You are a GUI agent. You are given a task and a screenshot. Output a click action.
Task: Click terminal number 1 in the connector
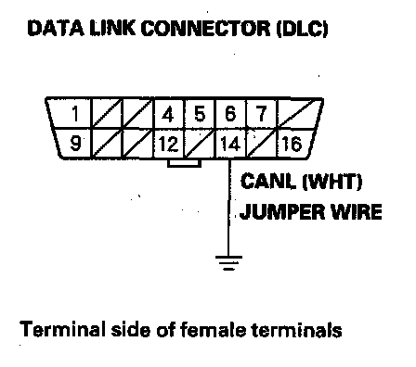[x=75, y=113]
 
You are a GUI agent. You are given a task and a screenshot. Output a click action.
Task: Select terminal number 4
[x=168, y=114]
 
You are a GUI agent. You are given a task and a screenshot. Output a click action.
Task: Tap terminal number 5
[x=200, y=113]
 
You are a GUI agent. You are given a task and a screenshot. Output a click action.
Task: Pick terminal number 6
[x=230, y=113]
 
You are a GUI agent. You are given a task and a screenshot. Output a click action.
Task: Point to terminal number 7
[x=262, y=113]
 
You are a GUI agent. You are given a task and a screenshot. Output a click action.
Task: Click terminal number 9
[x=75, y=143]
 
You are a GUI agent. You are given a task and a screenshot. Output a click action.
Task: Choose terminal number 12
[x=168, y=144]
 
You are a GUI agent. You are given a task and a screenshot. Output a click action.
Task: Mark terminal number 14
[x=230, y=144]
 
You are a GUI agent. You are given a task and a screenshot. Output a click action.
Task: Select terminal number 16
[x=292, y=144]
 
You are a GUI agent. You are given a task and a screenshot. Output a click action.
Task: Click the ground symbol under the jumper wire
[x=228, y=263]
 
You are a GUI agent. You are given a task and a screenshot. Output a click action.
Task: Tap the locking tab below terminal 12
[x=184, y=163]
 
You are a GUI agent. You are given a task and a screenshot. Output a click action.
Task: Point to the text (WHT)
[x=331, y=182]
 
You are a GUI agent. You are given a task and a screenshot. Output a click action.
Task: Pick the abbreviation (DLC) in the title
[x=302, y=29]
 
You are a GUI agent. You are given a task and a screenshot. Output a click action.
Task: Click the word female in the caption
[x=213, y=329]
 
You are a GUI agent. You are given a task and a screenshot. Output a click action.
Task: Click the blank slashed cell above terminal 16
[x=300, y=113]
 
